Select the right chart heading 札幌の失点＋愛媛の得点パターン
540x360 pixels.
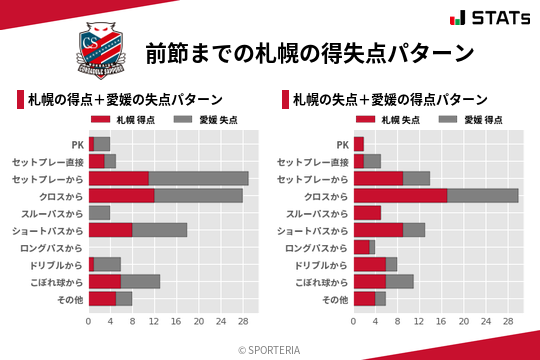coord(390,100)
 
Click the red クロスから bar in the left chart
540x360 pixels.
coord(121,195)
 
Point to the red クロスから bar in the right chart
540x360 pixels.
coord(400,195)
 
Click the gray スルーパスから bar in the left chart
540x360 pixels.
coord(99,212)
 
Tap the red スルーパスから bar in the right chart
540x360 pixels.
coord(367,212)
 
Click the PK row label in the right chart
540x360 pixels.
coord(343,144)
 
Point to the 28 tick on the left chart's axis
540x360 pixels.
coord(242,321)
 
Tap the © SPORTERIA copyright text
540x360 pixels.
coord(270,349)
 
